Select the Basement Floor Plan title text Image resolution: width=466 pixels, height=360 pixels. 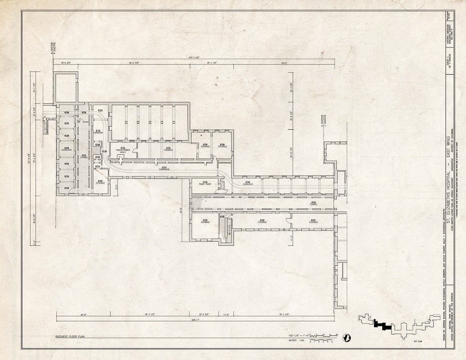[x=70, y=336]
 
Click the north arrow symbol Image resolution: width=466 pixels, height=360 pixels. [x=347, y=337]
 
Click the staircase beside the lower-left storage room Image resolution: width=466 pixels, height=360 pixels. [x=229, y=226]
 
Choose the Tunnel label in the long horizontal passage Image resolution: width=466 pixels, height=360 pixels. [x=313, y=203]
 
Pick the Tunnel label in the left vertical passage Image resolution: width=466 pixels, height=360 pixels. [x=84, y=157]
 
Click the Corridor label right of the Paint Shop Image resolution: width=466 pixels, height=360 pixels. [x=248, y=184]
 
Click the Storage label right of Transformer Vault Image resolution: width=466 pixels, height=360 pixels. [x=168, y=149]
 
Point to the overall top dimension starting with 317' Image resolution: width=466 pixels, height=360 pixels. [x=194, y=58]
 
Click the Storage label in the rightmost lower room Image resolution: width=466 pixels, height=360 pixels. [x=314, y=222]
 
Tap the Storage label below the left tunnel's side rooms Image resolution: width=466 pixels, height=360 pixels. [x=100, y=183]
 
